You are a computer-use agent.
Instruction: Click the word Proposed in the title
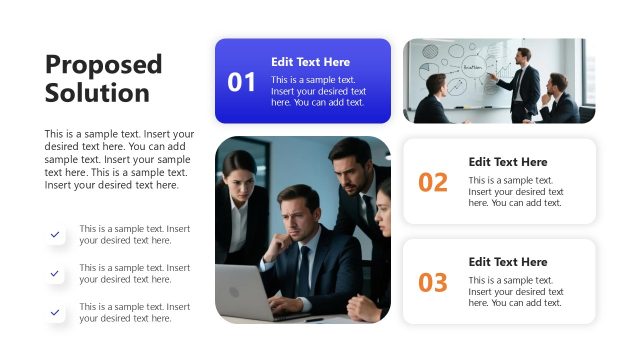pos(103,65)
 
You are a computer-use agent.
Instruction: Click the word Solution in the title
pos(97,93)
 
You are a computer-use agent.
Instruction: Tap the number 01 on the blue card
pos(242,82)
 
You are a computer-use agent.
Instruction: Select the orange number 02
pos(433,182)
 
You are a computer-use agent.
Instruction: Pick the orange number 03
pos(433,282)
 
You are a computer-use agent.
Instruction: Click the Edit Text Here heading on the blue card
pos(310,62)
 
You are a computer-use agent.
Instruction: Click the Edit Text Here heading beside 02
pos(508,162)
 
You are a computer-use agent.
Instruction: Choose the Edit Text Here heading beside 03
pos(508,262)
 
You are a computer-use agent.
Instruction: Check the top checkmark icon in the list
pos(55,234)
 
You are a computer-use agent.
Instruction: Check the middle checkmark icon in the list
pos(55,273)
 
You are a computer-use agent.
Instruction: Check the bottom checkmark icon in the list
pos(55,312)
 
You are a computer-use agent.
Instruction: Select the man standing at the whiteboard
pos(523,82)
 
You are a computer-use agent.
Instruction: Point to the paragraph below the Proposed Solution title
pos(119,159)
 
